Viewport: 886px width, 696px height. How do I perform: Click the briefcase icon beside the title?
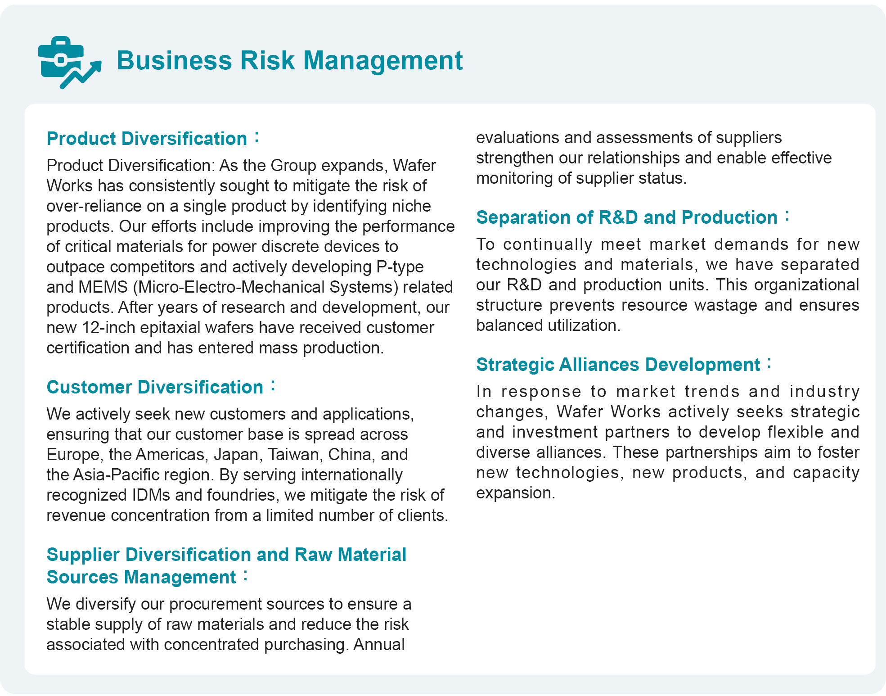click(x=67, y=62)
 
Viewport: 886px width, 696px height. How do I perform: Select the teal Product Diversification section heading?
click(x=147, y=139)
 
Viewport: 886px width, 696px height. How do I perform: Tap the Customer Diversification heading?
click(x=155, y=387)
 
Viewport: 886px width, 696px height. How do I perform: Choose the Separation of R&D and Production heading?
click(x=627, y=217)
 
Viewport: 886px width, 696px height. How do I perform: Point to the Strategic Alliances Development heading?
click(x=618, y=365)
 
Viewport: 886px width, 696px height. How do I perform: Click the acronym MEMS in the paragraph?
click(x=103, y=287)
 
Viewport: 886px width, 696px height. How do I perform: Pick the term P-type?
click(x=400, y=267)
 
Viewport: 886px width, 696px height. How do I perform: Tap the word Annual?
click(x=379, y=645)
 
